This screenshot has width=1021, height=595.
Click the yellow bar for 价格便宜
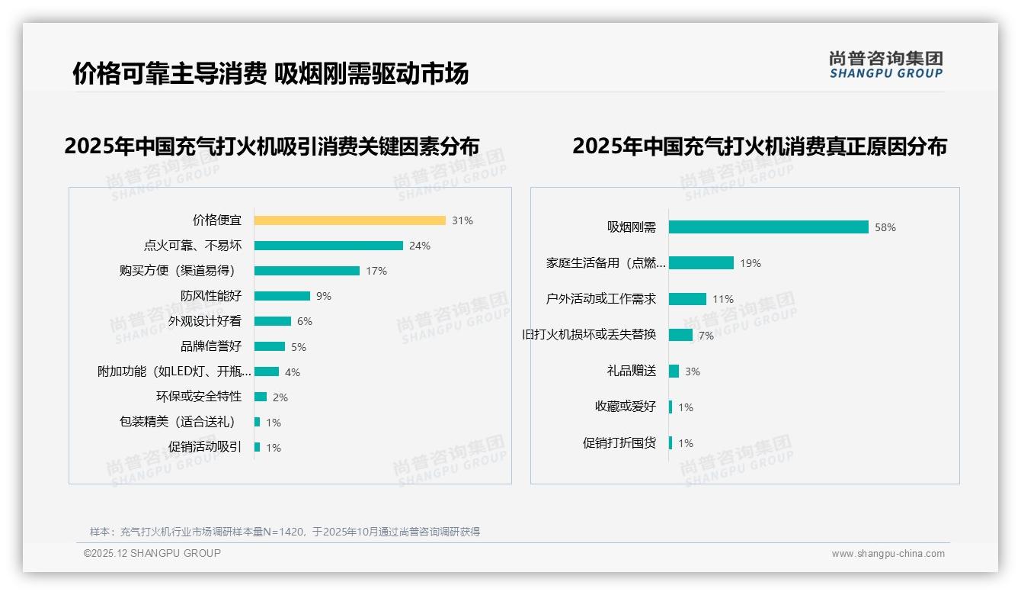pos(350,220)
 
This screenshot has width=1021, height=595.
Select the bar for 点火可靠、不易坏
pos(328,246)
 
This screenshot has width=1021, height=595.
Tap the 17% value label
pos(376,271)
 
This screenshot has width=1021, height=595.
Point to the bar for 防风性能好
pos(282,296)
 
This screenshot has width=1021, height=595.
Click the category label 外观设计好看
pos(205,321)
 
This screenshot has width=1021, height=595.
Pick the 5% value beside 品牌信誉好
pos(298,347)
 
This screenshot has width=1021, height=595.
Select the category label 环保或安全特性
pos(199,397)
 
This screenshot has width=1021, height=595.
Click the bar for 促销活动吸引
pos(258,447)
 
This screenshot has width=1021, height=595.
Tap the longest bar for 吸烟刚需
pos(768,227)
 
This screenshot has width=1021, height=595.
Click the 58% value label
pos(885,227)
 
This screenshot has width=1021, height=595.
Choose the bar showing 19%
pos(701,263)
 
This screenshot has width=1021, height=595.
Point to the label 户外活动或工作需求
pos(601,299)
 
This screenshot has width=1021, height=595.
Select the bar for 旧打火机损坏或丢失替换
pos(680,335)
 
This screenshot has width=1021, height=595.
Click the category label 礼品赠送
pos(632,371)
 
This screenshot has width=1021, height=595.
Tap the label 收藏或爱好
pos(626,407)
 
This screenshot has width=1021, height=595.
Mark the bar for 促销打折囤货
pos(671,443)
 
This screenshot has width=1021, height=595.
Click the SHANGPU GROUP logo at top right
pos(885,65)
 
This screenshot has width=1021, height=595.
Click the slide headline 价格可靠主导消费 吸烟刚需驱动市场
pos(270,73)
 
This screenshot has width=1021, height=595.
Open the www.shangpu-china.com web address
pos(888,554)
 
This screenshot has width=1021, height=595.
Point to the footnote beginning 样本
pos(285,532)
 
